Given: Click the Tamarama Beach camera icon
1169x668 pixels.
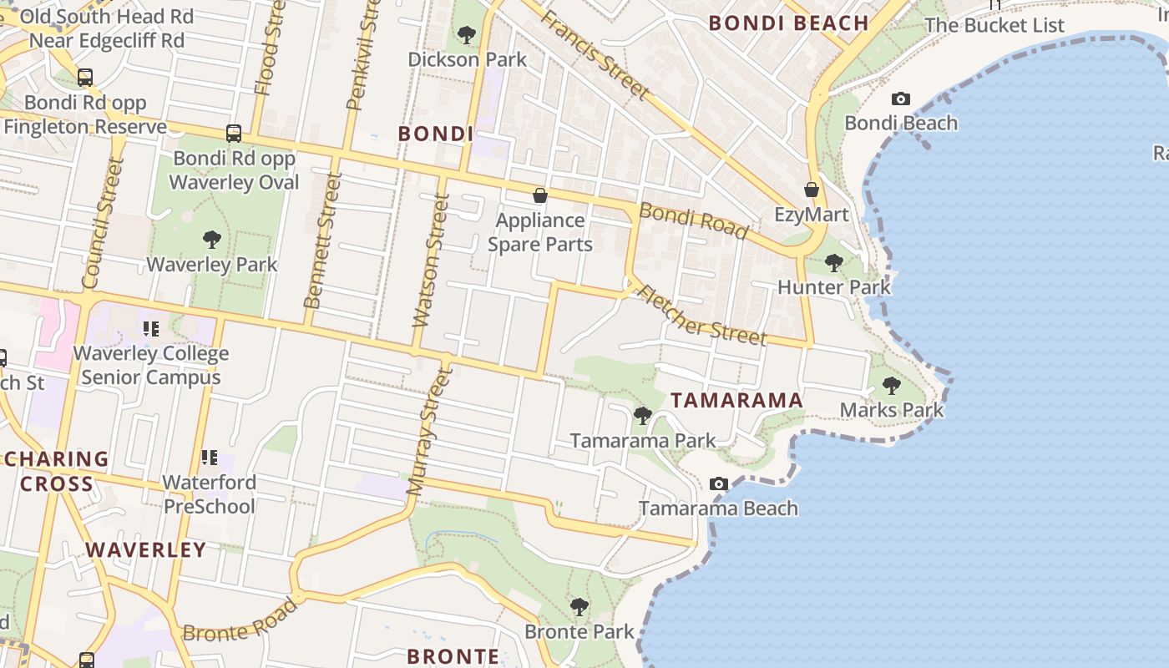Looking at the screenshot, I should (718, 483).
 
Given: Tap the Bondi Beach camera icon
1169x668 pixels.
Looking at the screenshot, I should (900, 99).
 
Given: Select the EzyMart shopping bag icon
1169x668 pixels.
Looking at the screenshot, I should (811, 190).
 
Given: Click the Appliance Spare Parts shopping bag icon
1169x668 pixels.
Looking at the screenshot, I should (540, 195).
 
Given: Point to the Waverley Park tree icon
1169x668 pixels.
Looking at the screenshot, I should (212, 240).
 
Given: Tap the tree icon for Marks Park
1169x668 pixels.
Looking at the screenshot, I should (892, 386).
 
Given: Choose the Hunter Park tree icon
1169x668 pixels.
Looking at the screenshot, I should (833, 263).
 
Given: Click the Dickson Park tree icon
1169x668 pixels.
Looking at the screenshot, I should (467, 35).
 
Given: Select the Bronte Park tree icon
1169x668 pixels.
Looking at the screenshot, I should (579, 607).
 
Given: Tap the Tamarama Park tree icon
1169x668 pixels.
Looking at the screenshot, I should (642, 415).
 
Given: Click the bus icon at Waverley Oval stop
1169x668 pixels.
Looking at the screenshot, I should (234, 134).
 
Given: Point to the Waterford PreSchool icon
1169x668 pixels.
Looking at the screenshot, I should (209, 458).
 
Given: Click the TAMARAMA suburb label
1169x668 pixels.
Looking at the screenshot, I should (736, 401).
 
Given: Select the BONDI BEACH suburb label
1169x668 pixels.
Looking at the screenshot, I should (789, 23).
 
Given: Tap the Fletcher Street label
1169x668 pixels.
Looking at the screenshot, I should (701, 315).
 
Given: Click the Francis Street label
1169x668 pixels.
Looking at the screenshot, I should (595, 54).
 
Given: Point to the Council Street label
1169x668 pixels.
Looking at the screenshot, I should (104, 223).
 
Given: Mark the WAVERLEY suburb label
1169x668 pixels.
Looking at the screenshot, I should (145, 549).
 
